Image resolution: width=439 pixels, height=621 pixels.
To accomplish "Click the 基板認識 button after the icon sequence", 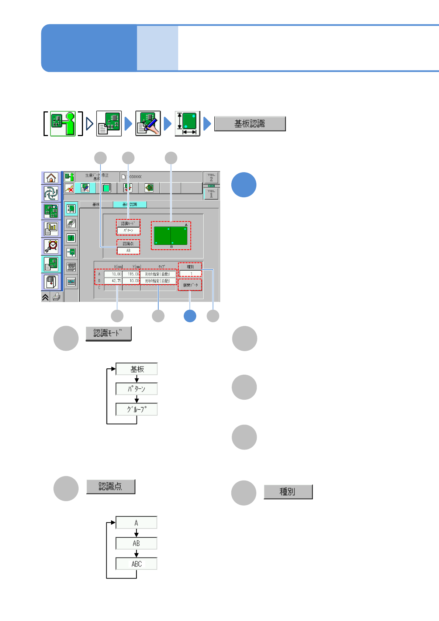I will click(250, 124).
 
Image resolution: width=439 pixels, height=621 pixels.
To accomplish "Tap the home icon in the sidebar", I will click(51, 178).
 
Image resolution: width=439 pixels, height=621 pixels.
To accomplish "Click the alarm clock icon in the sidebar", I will click(51, 246).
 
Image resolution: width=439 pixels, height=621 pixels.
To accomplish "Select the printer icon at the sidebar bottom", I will click(56, 297).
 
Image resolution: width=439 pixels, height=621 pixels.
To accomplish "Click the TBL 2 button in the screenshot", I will click(211, 178).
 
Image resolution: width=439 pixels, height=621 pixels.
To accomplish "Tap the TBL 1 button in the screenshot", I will click(211, 194).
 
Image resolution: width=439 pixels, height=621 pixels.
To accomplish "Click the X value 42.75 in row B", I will click(113, 281).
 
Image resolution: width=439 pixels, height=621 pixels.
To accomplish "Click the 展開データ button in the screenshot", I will click(190, 285).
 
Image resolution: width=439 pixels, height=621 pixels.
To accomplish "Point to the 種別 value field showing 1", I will click(190, 274).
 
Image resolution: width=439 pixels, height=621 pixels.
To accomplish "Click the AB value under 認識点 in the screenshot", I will click(128, 251).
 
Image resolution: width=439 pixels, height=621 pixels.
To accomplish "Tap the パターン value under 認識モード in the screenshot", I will click(128, 230).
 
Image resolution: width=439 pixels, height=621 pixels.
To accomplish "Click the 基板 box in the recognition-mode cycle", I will click(136, 369).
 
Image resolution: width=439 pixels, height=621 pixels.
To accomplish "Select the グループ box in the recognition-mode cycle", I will click(136, 409).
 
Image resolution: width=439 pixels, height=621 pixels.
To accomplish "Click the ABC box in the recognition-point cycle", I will click(136, 564).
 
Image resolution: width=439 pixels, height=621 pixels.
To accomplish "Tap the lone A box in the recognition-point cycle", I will click(136, 523).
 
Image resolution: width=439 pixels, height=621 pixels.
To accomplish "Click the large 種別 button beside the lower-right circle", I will click(288, 492).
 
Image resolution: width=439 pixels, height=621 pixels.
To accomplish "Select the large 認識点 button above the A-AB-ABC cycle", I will click(111, 487).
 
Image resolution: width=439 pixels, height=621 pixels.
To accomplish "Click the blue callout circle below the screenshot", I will click(190, 316).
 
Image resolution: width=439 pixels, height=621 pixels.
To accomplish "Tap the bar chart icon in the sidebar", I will click(51, 229).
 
